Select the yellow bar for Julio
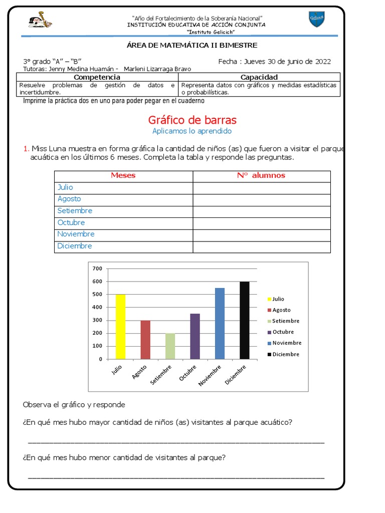(x=120, y=327)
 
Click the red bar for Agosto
(x=145, y=340)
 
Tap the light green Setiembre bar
(x=170, y=346)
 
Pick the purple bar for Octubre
(x=195, y=336)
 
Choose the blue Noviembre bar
(x=220, y=324)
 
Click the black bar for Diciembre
(x=245, y=320)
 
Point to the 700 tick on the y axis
(x=97, y=269)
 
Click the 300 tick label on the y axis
(x=97, y=320)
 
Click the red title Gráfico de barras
(x=192, y=120)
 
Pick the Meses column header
(x=123, y=175)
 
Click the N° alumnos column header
(x=261, y=175)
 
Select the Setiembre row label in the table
(x=75, y=211)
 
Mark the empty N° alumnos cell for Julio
(x=261, y=187)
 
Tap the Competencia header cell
(x=97, y=77)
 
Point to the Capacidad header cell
(x=259, y=77)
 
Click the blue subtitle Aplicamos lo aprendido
(x=192, y=131)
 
